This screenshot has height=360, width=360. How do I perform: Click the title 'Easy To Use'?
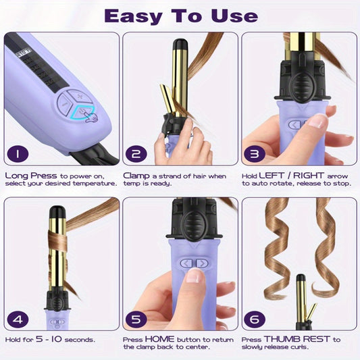click(x=180, y=16)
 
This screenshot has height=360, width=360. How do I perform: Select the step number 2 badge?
click(x=136, y=154)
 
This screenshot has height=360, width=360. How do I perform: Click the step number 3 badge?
click(x=255, y=154)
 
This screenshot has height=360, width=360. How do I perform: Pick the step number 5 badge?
click(x=136, y=319)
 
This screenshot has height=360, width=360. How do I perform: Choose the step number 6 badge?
click(x=255, y=319)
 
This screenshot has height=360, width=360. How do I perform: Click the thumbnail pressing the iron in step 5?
click(x=194, y=276)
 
